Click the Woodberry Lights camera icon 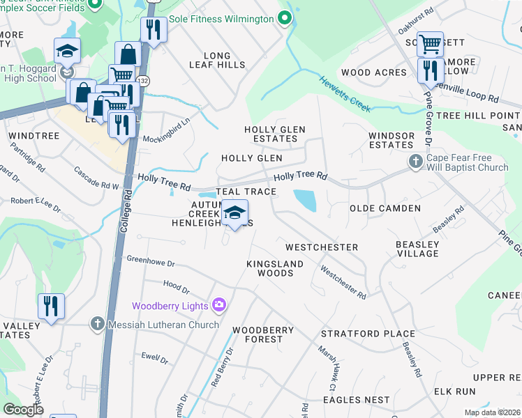[219, 304]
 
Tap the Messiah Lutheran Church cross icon [97, 324]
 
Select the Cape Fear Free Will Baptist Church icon [415, 162]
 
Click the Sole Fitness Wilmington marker [283, 19]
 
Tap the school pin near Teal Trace [234, 213]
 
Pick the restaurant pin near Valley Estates [51, 307]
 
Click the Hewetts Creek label [345, 95]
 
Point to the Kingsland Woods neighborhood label [276, 268]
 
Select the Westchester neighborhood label [321, 247]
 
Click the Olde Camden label [385, 208]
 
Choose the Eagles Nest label [357, 400]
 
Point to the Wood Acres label [373, 72]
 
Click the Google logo [23, 410]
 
